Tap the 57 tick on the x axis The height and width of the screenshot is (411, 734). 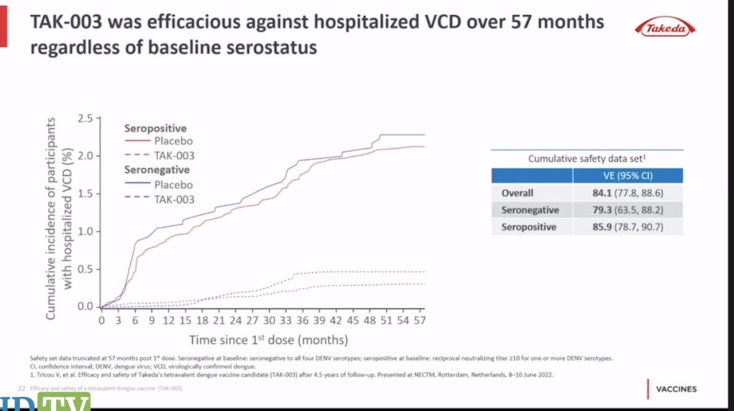[419, 320]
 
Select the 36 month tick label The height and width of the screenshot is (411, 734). [302, 320]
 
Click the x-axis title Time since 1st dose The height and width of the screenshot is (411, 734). [268, 340]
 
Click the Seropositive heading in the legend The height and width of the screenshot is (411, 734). [155, 128]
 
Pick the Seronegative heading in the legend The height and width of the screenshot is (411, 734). [157, 169]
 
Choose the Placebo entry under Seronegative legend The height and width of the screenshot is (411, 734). [174, 185]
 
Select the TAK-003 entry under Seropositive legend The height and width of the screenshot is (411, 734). [174, 156]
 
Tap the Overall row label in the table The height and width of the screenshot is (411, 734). [517, 193]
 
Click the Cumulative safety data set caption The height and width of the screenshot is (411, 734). [586, 159]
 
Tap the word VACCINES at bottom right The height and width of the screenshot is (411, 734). [676, 389]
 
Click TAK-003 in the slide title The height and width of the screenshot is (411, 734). [68, 23]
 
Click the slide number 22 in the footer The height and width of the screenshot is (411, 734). [21, 388]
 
